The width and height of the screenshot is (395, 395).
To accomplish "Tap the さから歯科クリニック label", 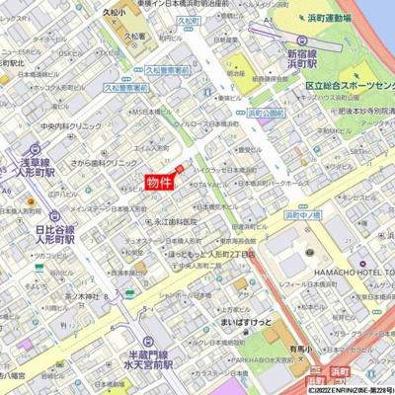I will point(108,161).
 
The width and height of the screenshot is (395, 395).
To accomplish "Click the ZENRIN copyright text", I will point(350,388).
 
